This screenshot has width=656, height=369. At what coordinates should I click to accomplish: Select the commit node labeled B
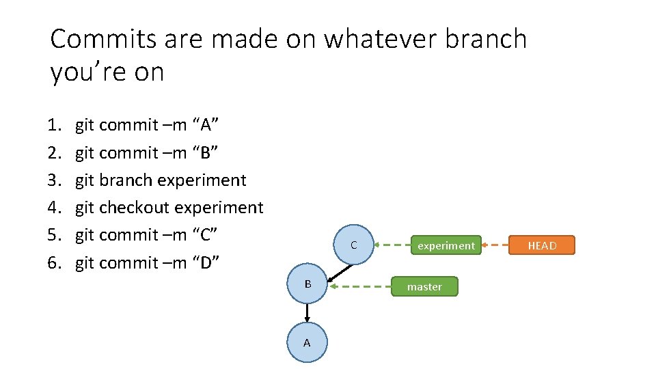pyautogui.click(x=308, y=283)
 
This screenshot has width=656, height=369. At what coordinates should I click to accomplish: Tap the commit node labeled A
pyautogui.click(x=307, y=342)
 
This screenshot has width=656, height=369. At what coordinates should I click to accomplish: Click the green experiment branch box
pyautogui.click(x=446, y=245)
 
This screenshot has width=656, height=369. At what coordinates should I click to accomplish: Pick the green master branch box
pyautogui.click(x=424, y=286)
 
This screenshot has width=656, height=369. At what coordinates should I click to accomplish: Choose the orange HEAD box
pyautogui.click(x=542, y=245)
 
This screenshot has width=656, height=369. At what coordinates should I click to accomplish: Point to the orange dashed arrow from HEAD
pyautogui.click(x=495, y=245)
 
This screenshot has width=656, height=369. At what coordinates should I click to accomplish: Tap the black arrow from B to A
pyautogui.click(x=307, y=313)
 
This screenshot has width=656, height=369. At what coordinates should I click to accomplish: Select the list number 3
pyautogui.click(x=55, y=180)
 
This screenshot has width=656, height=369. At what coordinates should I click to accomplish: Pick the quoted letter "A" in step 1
pyautogui.click(x=206, y=125)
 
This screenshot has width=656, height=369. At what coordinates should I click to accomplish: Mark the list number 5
pyautogui.click(x=55, y=235)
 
